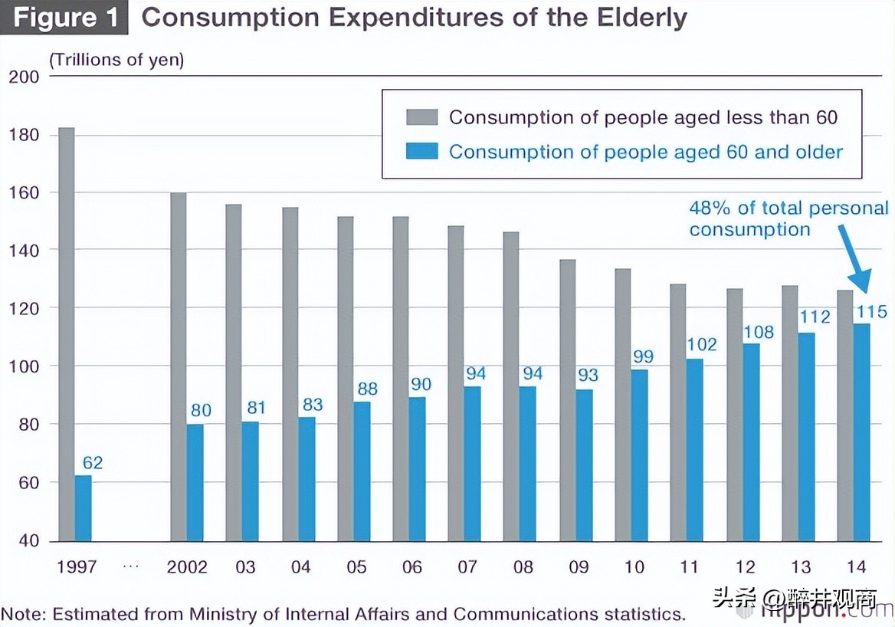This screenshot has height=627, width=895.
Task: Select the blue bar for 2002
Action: [x=195, y=483]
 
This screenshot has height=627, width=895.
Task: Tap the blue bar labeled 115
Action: [x=861, y=433]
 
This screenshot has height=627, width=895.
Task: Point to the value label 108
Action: [x=759, y=333]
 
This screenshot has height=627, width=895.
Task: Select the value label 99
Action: [x=643, y=356]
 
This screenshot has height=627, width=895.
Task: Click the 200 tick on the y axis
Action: [x=23, y=77]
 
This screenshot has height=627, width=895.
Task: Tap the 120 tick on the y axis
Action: [x=23, y=308]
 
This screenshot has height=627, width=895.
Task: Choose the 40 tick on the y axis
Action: [x=28, y=540]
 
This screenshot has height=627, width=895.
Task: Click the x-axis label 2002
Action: [x=187, y=567]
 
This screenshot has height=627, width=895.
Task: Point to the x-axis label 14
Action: [x=857, y=567]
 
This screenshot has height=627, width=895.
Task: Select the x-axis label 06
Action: [x=411, y=567]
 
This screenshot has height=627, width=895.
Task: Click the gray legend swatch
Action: [x=421, y=117]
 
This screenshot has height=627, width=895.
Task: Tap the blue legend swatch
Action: [x=421, y=152]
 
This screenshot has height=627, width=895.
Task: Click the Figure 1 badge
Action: [x=63, y=18]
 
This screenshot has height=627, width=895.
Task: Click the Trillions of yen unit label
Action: [x=116, y=60]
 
